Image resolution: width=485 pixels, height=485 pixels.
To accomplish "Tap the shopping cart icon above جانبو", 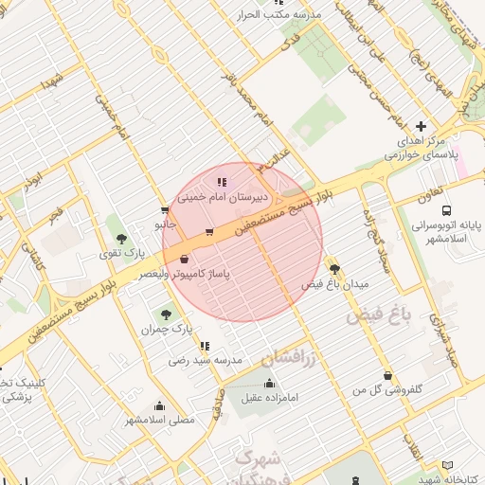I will click(166, 211).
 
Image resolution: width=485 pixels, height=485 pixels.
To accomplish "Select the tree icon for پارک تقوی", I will click(120, 240).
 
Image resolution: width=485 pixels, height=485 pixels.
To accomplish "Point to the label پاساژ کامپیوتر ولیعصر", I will click(185, 274).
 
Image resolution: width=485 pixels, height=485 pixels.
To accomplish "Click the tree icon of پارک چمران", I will click(167, 314).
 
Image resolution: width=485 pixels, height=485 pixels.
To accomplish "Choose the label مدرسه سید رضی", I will click(207, 360).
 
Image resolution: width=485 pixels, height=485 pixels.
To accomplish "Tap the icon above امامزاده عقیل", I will click(270, 384).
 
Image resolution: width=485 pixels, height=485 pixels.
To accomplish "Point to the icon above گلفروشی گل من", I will click(386, 375).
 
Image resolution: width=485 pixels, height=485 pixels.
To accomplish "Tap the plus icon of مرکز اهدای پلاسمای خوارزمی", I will click(421, 126).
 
